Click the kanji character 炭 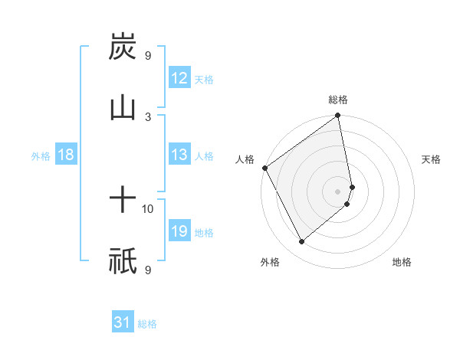(123, 49)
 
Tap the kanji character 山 (123, 108)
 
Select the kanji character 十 (123, 201)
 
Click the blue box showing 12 (179, 78)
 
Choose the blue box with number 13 (179, 155)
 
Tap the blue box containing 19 (179, 231)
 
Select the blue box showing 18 (66, 155)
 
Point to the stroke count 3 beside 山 (148, 116)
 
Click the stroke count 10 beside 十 (148, 208)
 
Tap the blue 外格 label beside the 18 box (41, 156)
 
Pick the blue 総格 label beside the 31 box (147, 324)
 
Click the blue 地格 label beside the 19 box (204, 232)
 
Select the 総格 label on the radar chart (338, 100)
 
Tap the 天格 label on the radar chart (432, 159)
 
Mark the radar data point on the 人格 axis (264, 168)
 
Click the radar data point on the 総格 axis (338, 116)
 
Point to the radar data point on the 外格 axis (301, 242)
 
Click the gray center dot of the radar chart (338, 191)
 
